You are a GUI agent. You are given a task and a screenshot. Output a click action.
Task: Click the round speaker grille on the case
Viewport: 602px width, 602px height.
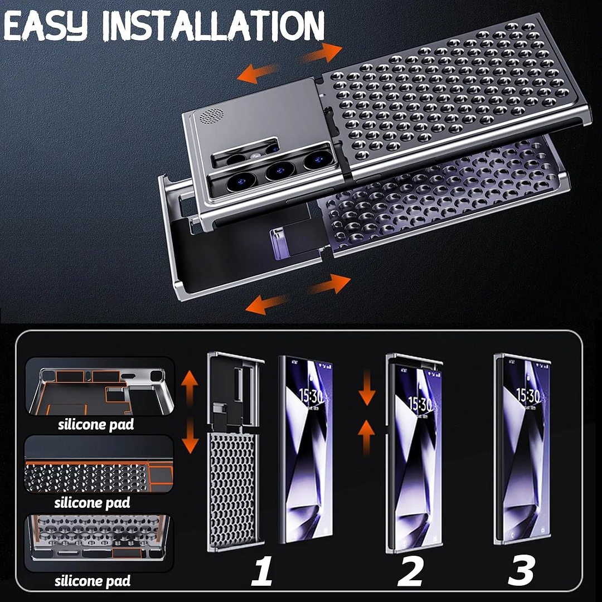click(x=212, y=115)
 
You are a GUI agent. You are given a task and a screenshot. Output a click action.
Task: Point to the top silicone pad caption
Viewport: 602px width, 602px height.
click(x=96, y=425)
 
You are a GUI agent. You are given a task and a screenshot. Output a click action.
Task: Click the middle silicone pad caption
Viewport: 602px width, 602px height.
click(x=92, y=503)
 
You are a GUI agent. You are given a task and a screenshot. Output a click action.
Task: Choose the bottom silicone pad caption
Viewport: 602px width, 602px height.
click(x=92, y=581)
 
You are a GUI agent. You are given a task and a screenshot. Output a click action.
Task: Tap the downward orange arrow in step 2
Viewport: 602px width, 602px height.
click(x=366, y=392)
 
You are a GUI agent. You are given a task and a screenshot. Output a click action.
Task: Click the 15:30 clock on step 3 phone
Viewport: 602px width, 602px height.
click(x=527, y=396)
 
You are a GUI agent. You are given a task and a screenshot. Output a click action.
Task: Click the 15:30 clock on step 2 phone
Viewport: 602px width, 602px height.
click(x=420, y=402)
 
